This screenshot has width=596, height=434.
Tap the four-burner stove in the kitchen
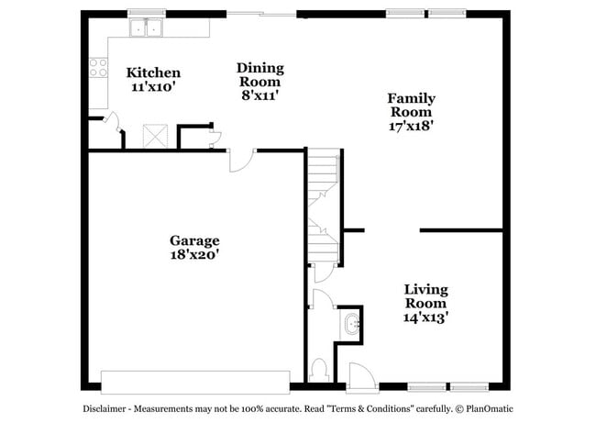tap(96, 68)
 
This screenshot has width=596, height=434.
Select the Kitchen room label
tap(153, 72)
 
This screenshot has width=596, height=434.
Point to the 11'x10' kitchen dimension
tap(153, 88)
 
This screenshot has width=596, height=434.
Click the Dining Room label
tap(259, 74)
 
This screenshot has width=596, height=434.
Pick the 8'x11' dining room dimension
tap(259, 95)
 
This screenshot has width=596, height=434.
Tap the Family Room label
tap(411, 105)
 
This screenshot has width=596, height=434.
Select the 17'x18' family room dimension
tap(411, 127)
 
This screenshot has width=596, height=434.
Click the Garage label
tap(194, 240)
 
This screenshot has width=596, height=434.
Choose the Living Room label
tap(426, 295)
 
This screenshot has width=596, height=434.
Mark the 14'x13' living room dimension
tap(426, 317)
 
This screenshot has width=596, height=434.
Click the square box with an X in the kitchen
tap(153, 136)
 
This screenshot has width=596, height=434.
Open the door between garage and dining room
tap(238, 160)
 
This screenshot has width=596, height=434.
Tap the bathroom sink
tap(352, 324)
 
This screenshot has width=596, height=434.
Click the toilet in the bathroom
tap(320, 370)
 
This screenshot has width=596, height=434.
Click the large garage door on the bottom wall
tap(194, 382)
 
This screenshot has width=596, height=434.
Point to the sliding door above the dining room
tap(262, 14)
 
